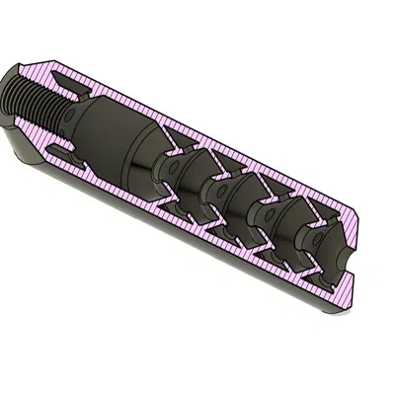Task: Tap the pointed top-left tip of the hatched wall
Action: [x=30, y=61]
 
